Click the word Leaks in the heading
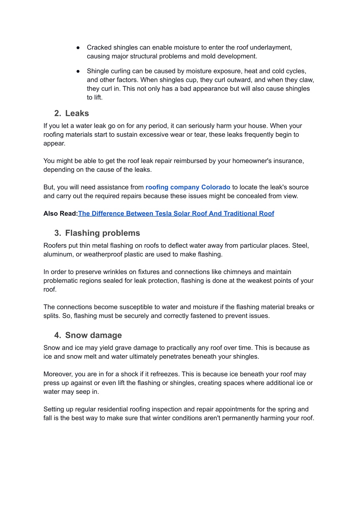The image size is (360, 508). (x=77, y=113)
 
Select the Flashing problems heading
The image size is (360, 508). (x=102, y=233)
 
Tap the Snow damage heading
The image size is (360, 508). (x=93, y=336)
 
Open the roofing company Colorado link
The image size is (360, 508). (x=188, y=187)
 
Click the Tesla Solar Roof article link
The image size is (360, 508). (x=176, y=214)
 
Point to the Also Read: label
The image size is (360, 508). (x=60, y=214)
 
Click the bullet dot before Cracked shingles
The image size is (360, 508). (x=78, y=47)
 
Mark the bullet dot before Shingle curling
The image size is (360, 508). (x=78, y=71)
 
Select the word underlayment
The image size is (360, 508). (x=271, y=47)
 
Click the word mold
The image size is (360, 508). (x=211, y=56)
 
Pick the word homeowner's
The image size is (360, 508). (x=251, y=161)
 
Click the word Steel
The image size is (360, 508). (x=300, y=246)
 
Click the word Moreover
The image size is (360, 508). (x=58, y=374)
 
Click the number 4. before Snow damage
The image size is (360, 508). (x=58, y=336)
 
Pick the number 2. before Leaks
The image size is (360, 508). (x=58, y=113)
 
